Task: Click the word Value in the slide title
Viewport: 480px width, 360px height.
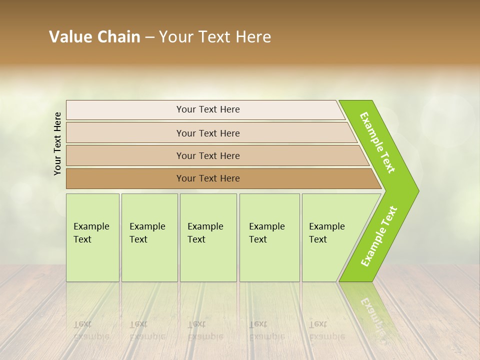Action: click(x=69, y=37)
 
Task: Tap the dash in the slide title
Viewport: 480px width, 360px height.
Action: click(x=149, y=37)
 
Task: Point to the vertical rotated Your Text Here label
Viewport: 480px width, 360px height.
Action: click(x=57, y=144)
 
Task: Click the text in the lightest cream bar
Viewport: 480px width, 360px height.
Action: click(x=208, y=109)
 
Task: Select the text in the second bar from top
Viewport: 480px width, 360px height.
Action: click(x=208, y=133)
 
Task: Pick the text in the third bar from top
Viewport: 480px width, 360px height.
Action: click(x=208, y=155)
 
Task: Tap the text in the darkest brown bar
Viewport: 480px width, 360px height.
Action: click(x=208, y=178)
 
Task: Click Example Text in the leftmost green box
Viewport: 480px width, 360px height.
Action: click(x=91, y=233)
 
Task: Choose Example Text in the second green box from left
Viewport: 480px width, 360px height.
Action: click(x=147, y=233)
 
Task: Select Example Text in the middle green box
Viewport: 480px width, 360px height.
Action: click(x=205, y=233)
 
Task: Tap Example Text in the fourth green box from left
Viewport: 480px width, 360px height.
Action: click(x=266, y=233)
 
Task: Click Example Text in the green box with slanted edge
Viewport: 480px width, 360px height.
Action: click(x=326, y=233)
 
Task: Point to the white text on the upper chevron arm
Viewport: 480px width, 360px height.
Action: click(x=377, y=142)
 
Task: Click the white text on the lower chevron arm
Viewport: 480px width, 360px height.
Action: click(x=379, y=236)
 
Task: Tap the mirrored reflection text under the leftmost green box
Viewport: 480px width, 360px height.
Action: click(x=91, y=330)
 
